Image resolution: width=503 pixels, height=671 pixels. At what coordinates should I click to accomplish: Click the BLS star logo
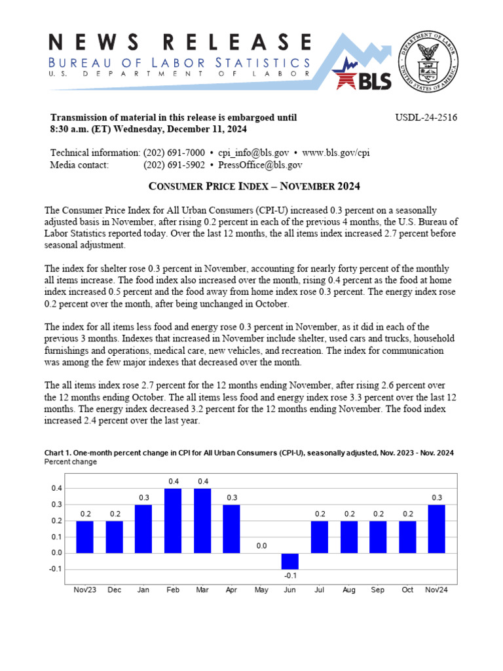click(x=363, y=73)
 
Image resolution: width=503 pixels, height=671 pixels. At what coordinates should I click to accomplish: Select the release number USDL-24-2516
click(x=426, y=118)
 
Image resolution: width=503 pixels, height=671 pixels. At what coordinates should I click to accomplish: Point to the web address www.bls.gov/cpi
click(x=336, y=153)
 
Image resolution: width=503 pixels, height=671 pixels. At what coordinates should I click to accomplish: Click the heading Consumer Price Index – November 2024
click(x=255, y=187)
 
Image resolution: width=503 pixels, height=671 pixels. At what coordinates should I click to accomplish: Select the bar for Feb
click(x=174, y=520)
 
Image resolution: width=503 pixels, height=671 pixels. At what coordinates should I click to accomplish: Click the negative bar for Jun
click(x=290, y=561)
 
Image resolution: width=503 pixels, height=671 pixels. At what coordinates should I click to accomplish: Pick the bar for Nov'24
click(x=437, y=528)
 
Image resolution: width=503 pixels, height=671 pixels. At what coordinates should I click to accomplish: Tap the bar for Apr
click(x=232, y=528)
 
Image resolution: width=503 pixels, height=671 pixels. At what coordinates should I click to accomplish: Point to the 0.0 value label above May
click(x=261, y=545)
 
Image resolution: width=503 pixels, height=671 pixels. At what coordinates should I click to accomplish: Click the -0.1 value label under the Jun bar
click(x=290, y=575)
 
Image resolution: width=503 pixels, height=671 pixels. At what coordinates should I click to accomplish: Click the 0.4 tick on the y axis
click(x=57, y=489)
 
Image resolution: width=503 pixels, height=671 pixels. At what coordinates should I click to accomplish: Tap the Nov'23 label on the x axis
click(x=84, y=590)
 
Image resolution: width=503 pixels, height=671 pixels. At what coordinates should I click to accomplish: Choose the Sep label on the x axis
click(x=378, y=590)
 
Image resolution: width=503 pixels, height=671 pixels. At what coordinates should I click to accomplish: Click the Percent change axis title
click(x=70, y=462)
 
